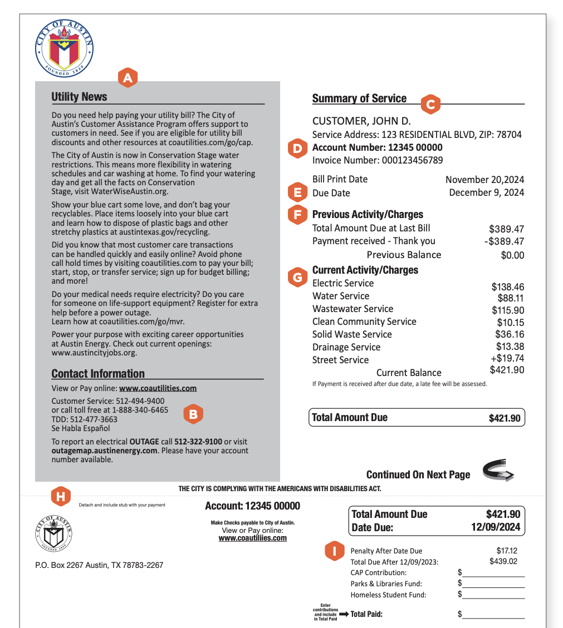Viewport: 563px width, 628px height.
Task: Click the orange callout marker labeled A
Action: [128, 78]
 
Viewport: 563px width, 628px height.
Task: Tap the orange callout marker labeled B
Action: [193, 414]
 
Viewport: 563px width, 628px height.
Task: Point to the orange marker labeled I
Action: [334, 551]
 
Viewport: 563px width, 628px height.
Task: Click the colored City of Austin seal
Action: [64, 48]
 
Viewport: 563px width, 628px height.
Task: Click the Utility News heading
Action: [79, 97]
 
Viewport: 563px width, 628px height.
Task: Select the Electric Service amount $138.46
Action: [507, 287]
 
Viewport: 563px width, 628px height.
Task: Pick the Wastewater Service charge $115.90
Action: [507, 310]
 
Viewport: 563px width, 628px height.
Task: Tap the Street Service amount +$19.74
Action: [507, 358]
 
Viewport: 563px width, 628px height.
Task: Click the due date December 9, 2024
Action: [486, 193]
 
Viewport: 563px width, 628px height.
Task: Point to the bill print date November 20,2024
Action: [484, 180]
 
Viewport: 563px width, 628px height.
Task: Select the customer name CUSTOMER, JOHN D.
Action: [361, 121]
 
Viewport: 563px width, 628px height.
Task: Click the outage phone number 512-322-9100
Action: [198, 442]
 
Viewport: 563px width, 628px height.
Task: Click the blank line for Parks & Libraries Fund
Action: [493, 584]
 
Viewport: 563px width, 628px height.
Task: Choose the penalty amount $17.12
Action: [507, 551]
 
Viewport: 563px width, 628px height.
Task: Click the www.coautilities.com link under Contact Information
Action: [158, 388]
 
